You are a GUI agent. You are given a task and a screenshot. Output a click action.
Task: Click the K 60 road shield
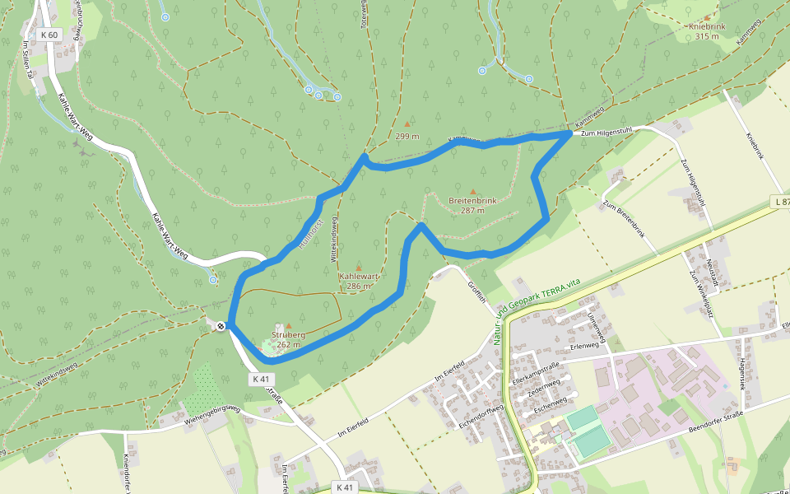point(50,35)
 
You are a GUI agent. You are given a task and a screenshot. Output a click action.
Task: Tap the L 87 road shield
point(782,202)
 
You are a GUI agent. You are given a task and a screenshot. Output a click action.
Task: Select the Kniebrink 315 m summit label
point(707,31)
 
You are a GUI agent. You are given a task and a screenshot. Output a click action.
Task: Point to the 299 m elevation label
point(407,136)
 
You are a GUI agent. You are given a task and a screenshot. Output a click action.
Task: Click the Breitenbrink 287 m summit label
point(472,205)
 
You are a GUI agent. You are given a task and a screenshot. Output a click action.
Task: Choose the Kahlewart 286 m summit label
point(358,281)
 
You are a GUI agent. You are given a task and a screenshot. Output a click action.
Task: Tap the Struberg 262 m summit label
point(288,339)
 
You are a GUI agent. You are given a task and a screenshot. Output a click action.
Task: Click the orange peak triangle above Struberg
point(288,326)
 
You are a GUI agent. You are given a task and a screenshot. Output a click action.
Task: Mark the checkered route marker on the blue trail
point(221,326)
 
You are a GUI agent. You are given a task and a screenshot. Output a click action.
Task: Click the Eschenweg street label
point(551,400)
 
